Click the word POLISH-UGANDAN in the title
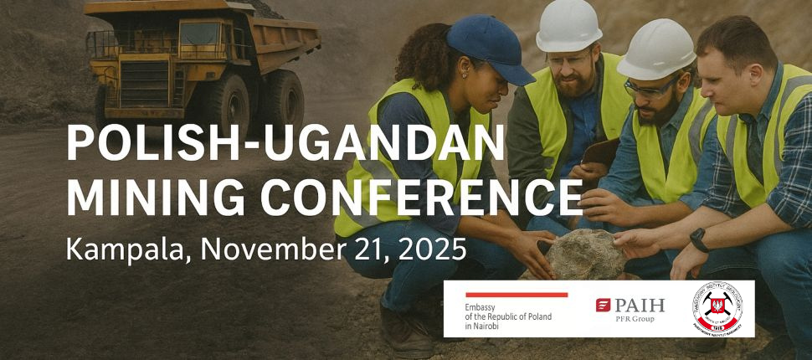tap(285, 145)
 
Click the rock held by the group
tap(586, 254)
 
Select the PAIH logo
tap(629, 309)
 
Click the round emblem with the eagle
tap(717, 308)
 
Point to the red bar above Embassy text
tap(516, 295)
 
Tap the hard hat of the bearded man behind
tap(568, 24)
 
